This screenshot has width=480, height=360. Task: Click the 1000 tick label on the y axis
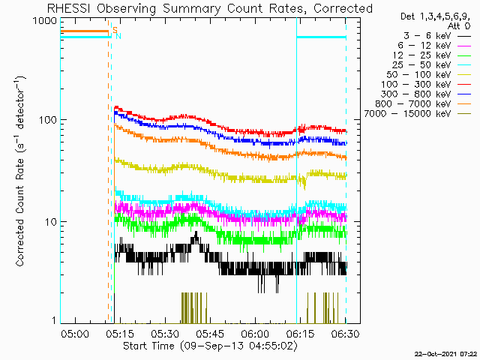[x=45, y=21]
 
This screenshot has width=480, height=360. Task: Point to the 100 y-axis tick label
[x=47, y=120]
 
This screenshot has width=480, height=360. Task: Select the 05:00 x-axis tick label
[x=75, y=333]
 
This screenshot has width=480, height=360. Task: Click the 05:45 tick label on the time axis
[x=211, y=333]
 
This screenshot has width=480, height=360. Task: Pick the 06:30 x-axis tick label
[x=346, y=333]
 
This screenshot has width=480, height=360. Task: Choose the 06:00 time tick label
[x=256, y=333]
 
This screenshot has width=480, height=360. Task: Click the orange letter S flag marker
[x=115, y=30]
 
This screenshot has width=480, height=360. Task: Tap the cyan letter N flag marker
[x=118, y=36]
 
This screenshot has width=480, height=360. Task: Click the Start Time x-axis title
[x=210, y=346]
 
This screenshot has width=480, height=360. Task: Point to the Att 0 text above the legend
[x=458, y=26]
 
